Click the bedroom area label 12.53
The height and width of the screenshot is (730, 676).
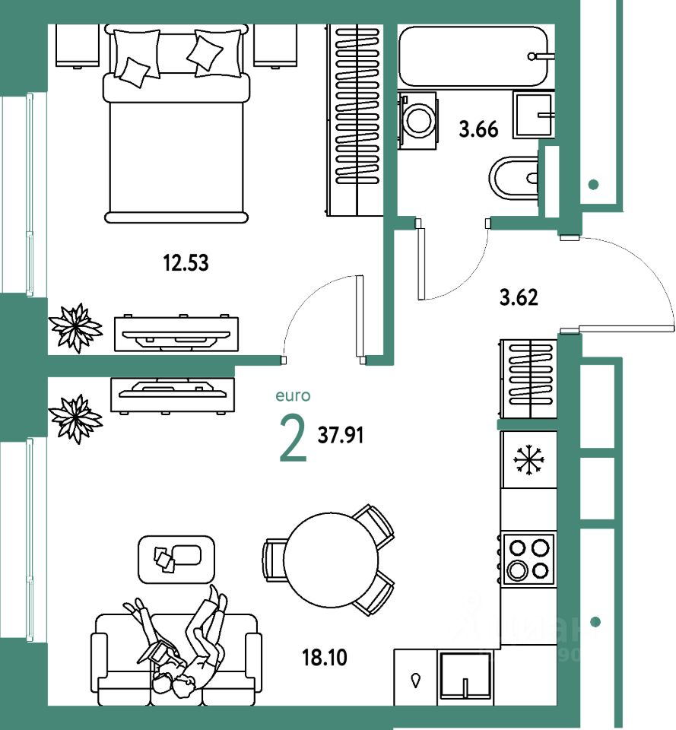(x=186, y=264)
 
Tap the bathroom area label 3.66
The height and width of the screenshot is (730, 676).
(x=478, y=129)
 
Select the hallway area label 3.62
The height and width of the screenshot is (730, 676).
(x=519, y=297)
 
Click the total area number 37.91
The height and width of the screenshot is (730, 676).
(x=341, y=436)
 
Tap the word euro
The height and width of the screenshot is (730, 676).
(x=294, y=395)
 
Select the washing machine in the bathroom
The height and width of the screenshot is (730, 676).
(x=417, y=117)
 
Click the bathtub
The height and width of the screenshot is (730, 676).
(x=473, y=56)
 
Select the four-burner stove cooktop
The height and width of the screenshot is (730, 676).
(x=528, y=558)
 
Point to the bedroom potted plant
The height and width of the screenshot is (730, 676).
(x=75, y=328)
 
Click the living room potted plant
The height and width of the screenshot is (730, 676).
(x=75, y=417)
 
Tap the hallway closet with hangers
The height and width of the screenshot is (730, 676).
(x=528, y=378)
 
